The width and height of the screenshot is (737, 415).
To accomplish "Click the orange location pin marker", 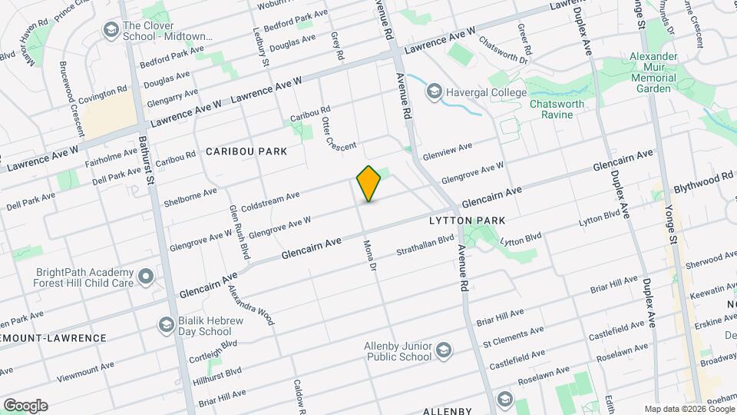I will [369, 184].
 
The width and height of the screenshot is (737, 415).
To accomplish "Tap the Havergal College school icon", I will [435, 93].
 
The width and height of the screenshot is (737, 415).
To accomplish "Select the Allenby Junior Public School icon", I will [443, 351].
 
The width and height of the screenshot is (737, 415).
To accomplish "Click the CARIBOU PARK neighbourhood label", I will [246, 151].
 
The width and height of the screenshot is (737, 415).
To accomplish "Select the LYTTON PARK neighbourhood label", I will [467, 221].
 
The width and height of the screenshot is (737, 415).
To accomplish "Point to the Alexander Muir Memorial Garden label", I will [653, 72].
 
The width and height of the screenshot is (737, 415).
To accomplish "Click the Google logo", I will [25, 406].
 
